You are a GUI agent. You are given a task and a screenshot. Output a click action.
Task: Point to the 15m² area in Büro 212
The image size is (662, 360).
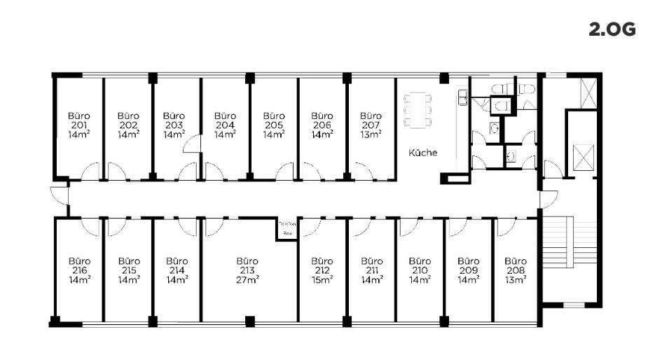pyautogui.click(x=322, y=279)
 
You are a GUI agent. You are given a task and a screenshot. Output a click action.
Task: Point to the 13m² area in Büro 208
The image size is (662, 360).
pyautogui.click(x=516, y=279)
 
